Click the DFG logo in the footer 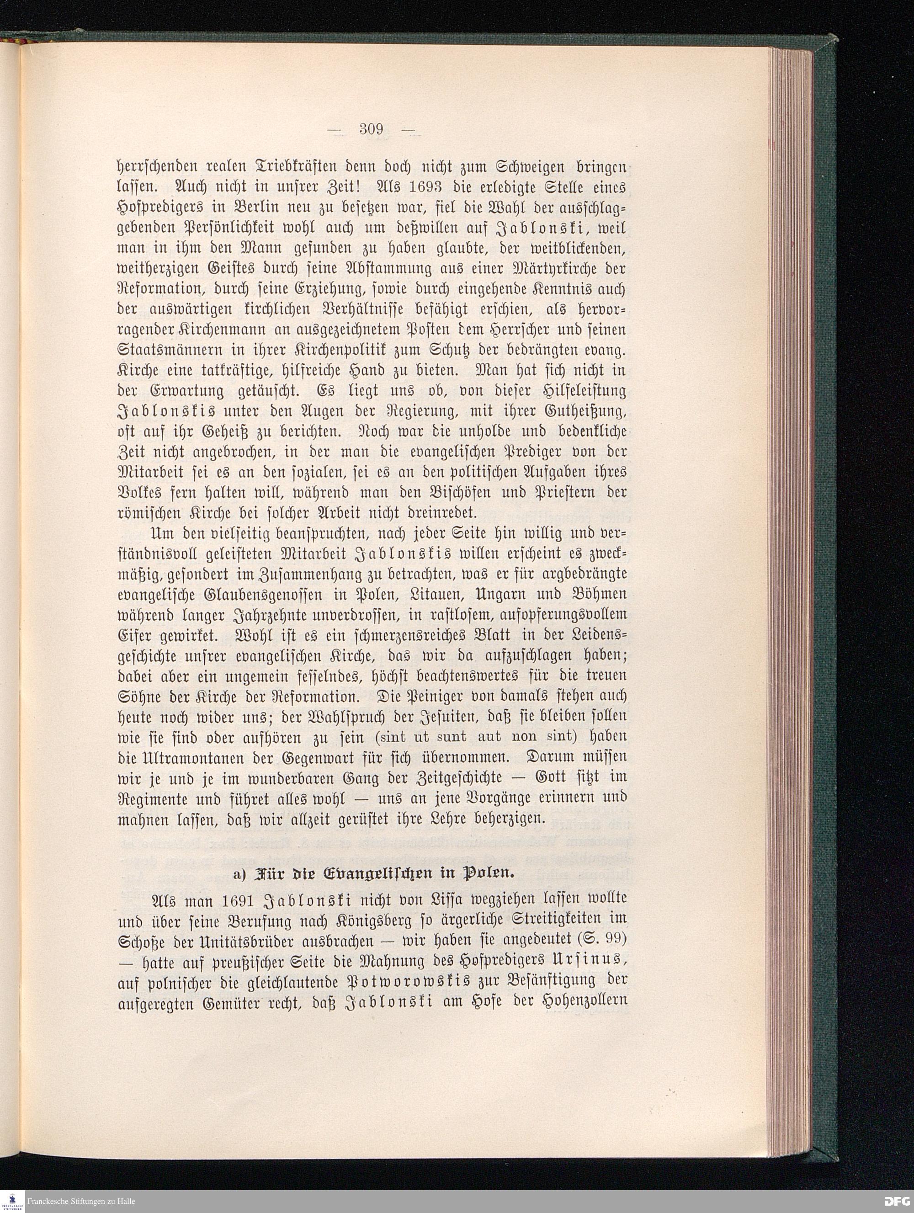[x=897, y=1201]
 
